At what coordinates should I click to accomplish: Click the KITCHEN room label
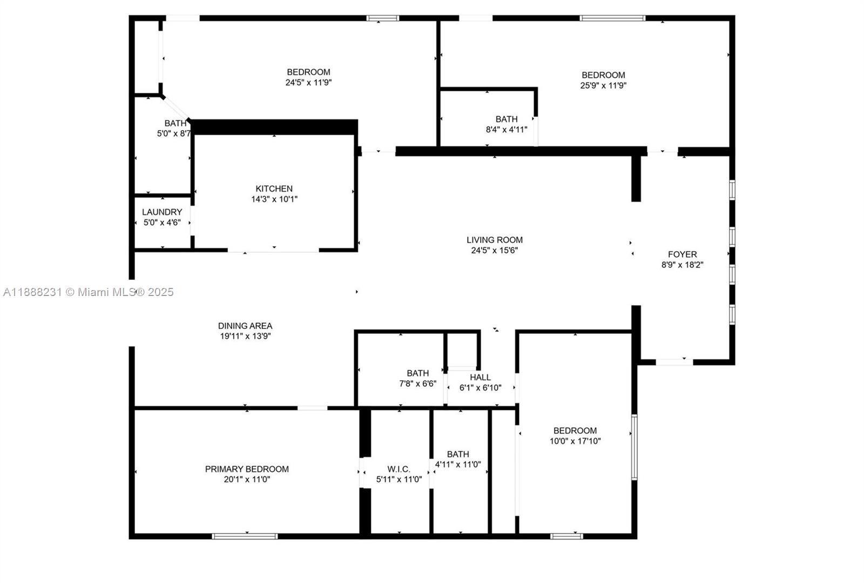pos(274,189)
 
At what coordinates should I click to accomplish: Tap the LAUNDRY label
pos(162,212)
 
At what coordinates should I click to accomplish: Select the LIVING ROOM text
pos(495,240)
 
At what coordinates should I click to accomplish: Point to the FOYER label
pos(682,254)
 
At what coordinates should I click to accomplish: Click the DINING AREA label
pos(245,326)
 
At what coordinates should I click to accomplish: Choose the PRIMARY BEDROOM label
pos(247,469)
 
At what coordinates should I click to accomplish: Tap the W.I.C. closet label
pos(399,469)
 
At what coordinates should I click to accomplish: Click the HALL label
pos(480,377)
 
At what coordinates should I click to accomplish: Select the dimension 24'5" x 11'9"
pos(308,83)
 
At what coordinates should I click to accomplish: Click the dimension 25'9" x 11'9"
pos(603,85)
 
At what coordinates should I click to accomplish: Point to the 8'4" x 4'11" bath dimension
pos(507,130)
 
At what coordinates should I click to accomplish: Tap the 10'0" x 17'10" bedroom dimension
pos(575,441)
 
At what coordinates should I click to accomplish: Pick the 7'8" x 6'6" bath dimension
pos(417,384)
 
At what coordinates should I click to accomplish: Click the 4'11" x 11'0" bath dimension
pos(458,464)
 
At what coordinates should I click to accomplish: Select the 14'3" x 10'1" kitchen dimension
pos(274,199)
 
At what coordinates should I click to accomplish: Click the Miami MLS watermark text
pos(89,292)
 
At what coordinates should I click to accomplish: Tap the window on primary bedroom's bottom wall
pos(245,536)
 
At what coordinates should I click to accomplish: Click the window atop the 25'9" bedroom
pos(612,18)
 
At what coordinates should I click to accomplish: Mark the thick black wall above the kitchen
pos(274,127)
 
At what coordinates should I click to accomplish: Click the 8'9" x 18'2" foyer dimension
pos(682,265)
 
